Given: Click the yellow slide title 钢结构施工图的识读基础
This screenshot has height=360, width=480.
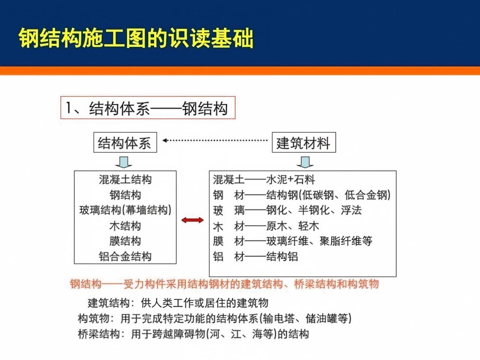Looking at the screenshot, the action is (136, 38).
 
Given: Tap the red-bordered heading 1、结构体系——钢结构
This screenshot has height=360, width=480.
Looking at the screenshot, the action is (148, 108).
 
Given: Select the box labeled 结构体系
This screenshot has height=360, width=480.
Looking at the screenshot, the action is (125, 142).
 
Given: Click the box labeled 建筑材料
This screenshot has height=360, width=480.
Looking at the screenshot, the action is (304, 142).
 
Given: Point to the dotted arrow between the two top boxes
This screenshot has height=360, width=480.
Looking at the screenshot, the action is (215, 140).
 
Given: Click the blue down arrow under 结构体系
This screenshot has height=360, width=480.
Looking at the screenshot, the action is (123, 162).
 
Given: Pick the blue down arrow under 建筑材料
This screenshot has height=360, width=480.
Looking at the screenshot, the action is (305, 162).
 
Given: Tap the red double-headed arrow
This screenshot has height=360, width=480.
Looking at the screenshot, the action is (192, 220).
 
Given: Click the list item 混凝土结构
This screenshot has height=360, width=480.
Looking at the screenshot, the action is (125, 180).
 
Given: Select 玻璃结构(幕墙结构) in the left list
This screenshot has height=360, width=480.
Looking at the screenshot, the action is (125, 210).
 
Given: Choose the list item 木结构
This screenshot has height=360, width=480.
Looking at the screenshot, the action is (125, 226).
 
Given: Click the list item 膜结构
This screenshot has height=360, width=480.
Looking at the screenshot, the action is (125, 241).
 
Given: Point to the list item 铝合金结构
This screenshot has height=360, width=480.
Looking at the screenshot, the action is (125, 256).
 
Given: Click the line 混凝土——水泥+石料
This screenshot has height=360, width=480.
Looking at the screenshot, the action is (264, 180).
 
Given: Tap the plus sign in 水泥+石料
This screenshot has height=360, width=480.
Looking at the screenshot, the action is (290, 180).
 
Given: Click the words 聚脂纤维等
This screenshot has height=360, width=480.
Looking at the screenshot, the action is (346, 241).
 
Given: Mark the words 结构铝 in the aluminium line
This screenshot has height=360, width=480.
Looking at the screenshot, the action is (282, 256).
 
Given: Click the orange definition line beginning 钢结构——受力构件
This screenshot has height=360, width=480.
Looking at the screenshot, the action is (224, 284).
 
